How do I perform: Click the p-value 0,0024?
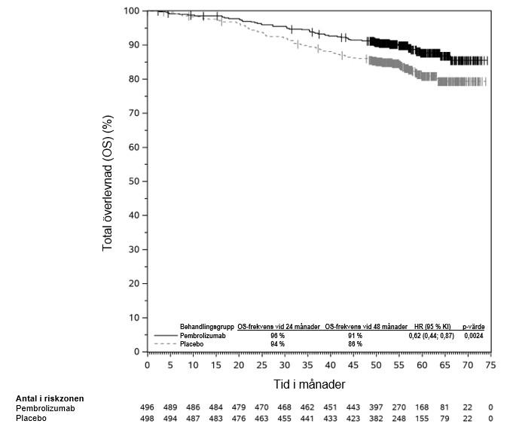pyautogui.click(x=474, y=335)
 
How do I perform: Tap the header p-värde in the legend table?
pyautogui.click(x=474, y=327)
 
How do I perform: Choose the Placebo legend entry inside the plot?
pyautogui.click(x=193, y=343)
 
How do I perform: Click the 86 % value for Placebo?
pyautogui.click(x=355, y=343)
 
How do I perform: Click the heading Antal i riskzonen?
pyautogui.click(x=50, y=398)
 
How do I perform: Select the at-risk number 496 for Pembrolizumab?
pyautogui.click(x=148, y=407)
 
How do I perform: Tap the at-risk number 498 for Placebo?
pyautogui.click(x=148, y=418)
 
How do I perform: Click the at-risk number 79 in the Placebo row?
pyautogui.click(x=444, y=418)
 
